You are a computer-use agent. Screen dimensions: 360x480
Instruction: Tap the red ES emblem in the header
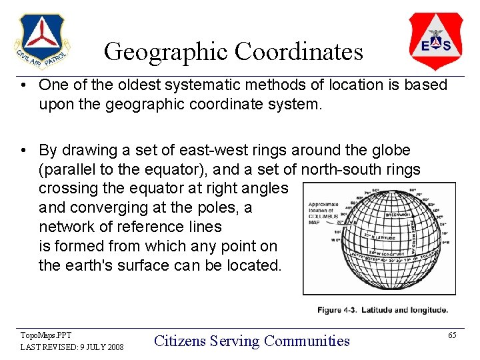435,41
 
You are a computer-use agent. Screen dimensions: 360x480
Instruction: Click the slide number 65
452,335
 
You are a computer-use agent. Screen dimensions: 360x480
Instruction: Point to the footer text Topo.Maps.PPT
46,335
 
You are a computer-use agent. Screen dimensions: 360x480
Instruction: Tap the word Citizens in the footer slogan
179,341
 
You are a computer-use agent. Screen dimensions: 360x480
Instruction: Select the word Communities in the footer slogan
307,341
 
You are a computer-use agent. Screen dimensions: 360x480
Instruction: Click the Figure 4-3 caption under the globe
382,310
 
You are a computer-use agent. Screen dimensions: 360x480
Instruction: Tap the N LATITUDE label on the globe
383,235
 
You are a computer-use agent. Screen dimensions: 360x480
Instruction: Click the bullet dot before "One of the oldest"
23,85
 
